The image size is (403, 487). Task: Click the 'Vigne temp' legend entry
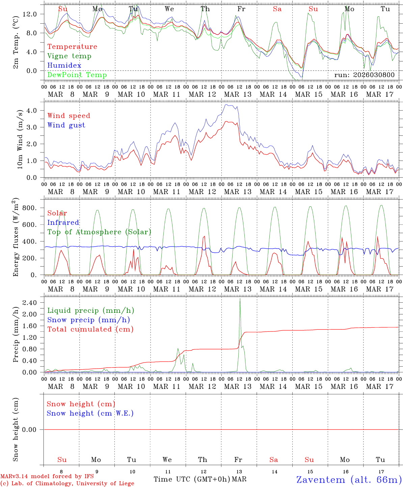[x=69, y=56]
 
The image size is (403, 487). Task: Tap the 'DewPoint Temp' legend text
[x=77, y=75]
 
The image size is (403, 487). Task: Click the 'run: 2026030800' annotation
[x=364, y=75]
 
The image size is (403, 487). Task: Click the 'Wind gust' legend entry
[x=66, y=125]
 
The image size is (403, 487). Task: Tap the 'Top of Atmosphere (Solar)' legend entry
[x=99, y=232]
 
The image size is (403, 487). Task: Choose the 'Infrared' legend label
[x=63, y=223]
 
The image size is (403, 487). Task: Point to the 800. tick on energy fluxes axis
[x=30, y=208]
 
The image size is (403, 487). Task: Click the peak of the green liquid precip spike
[x=240, y=299]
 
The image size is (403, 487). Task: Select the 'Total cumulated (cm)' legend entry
[x=90, y=329]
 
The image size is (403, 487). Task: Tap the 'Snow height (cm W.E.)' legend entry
[x=90, y=413]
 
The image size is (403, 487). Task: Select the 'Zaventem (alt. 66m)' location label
[x=349, y=480]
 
